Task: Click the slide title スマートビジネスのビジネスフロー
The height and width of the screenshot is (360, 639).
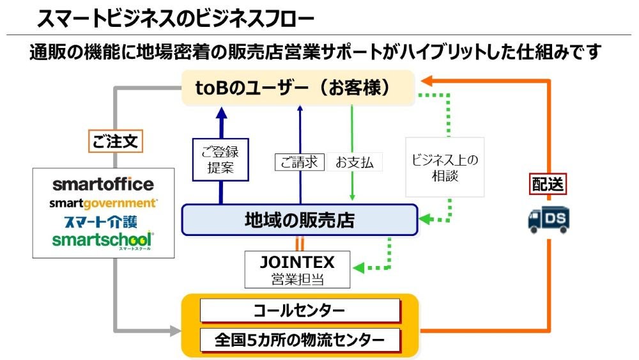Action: point(176,19)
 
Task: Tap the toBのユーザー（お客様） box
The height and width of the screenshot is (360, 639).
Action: point(298,88)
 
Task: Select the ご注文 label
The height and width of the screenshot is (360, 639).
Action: point(115,141)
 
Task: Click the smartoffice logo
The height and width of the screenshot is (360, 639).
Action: point(103,184)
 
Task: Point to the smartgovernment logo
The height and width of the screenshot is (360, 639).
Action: point(103,203)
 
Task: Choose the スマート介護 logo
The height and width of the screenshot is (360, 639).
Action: point(101,221)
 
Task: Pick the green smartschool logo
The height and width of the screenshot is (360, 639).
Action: point(102,240)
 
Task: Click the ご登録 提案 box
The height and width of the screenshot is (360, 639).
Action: point(220,160)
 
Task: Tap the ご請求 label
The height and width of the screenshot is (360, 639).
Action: point(300,162)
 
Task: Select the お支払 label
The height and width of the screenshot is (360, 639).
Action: point(355,162)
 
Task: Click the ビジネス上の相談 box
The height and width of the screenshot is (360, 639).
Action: point(445,167)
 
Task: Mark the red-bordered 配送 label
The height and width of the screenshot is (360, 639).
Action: point(548,184)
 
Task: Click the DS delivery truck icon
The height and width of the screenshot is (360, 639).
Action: point(548,220)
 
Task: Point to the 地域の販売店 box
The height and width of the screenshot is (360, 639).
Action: point(300,220)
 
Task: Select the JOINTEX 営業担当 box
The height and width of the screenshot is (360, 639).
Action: point(298,269)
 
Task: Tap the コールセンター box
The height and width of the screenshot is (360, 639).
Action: point(300,311)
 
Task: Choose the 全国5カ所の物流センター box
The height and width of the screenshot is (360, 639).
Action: point(300,340)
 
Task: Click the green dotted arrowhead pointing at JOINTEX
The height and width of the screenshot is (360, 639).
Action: point(358,268)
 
